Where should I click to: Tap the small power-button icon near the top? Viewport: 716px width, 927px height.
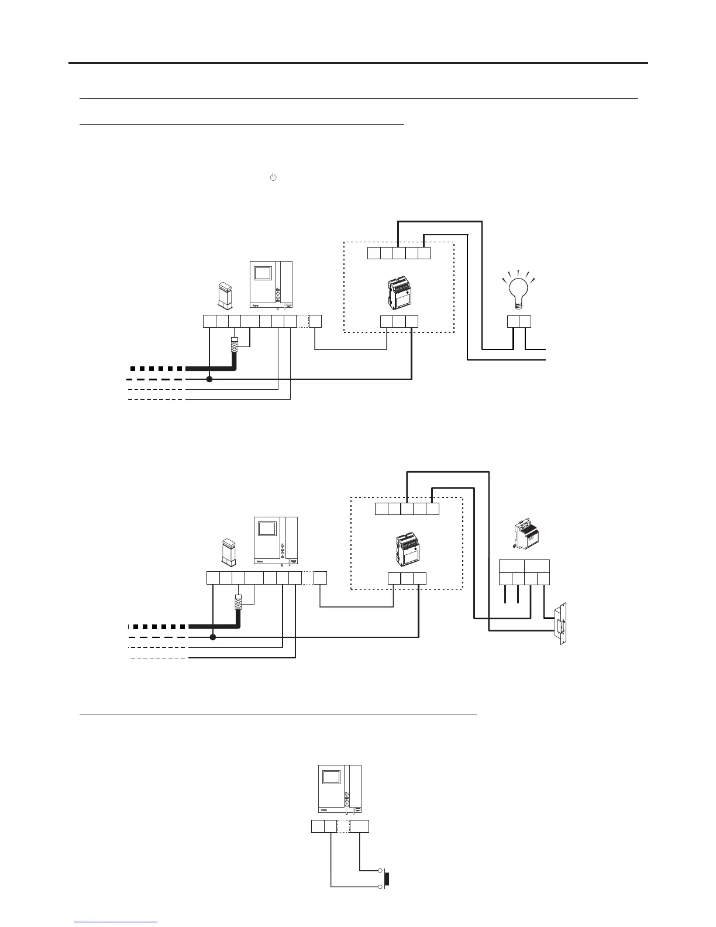[x=272, y=177]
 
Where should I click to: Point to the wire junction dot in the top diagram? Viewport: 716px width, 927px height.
[x=209, y=379]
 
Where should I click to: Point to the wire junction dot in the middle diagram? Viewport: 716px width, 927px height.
[x=213, y=637]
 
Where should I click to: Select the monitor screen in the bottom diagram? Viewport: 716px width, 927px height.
[x=331, y=777]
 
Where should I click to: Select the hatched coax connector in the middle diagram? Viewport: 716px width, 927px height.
[x=239, y=602]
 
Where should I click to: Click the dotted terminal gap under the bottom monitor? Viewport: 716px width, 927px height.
[x=343, y=826]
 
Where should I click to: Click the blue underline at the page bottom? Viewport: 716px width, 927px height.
[x=116, y=923]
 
